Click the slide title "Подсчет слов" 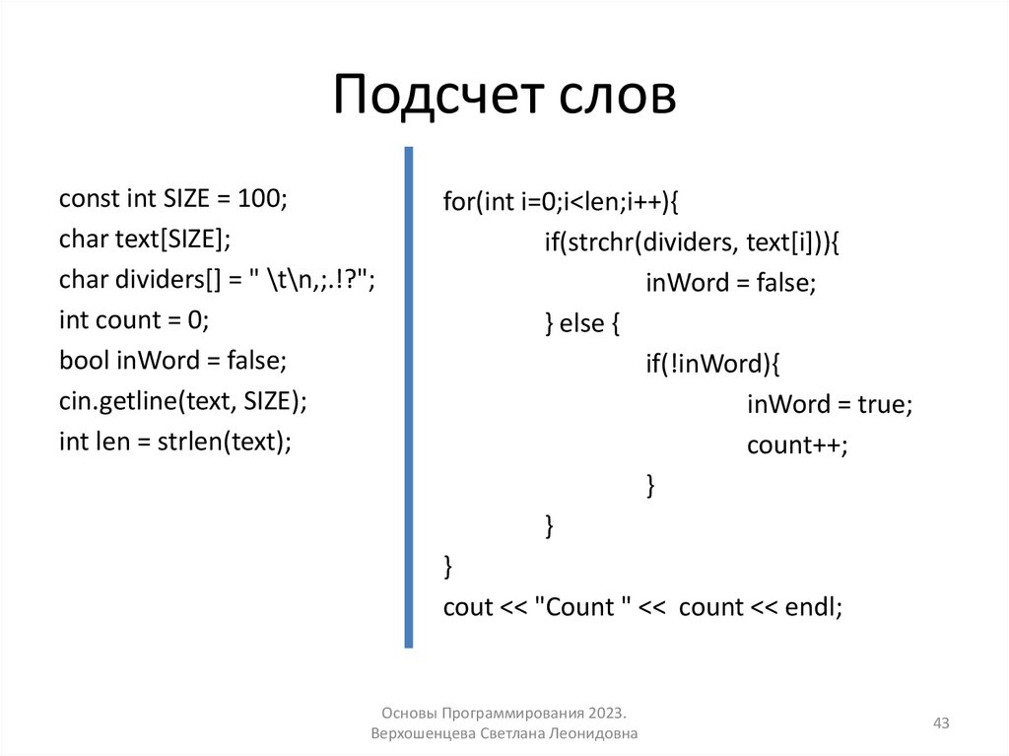(504, 98)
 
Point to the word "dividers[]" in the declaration (172, 280)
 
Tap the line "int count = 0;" (135, 320)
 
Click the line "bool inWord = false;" (172, 361)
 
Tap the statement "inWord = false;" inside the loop (731, 283)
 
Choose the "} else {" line (582, 323)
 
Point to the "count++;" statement (797, 445)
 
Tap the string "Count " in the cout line (581, 606)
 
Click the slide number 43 (941, 724)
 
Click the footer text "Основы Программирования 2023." (504, 713)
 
